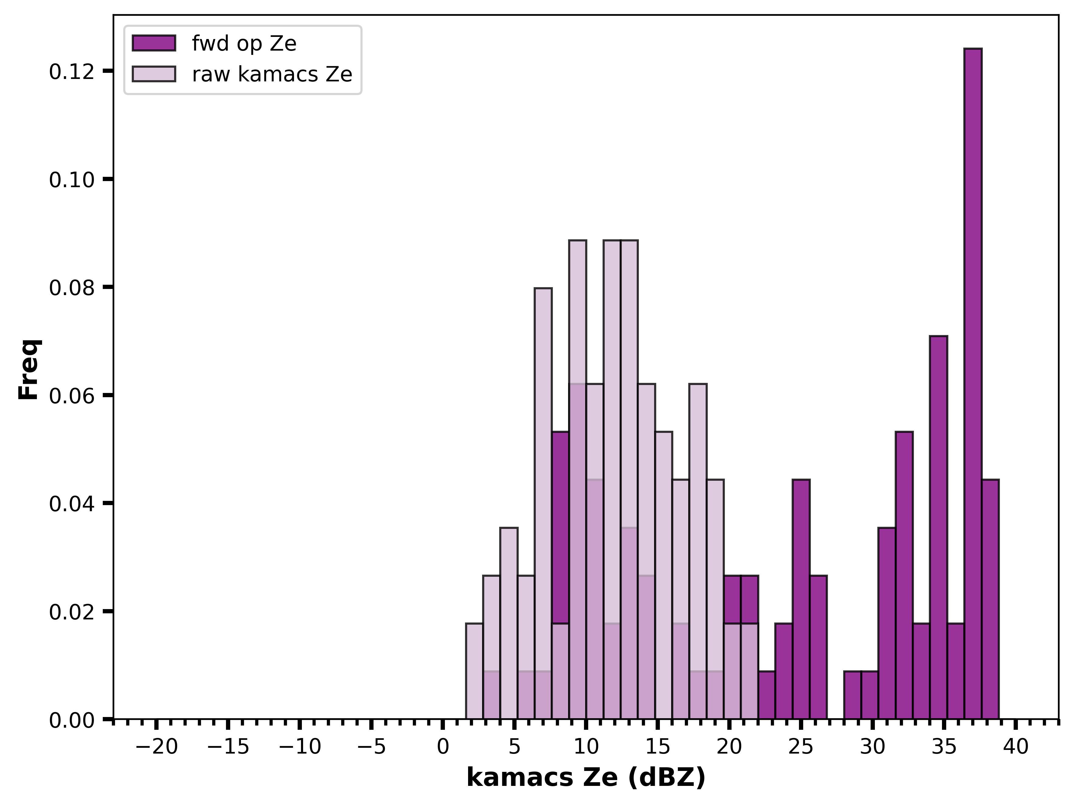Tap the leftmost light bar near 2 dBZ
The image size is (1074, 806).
(x=474, y=671)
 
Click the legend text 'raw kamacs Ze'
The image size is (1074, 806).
(x=272, y=74)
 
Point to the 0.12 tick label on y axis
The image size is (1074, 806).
(x=71, y=71)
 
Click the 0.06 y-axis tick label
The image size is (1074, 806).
(x=71, y=395)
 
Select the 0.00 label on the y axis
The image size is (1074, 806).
(x=71, y=720)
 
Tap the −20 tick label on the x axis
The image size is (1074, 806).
(x=156, y=747)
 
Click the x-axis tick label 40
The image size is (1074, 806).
(x=1016, y=747)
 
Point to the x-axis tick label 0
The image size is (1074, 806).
(x=443, y=747)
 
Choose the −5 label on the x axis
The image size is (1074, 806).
(x=371, y=747)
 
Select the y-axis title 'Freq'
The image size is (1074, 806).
(x=29, y=369)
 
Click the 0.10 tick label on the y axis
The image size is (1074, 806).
(x=71, y=180)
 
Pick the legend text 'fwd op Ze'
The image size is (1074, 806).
(x=244, y=44)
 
